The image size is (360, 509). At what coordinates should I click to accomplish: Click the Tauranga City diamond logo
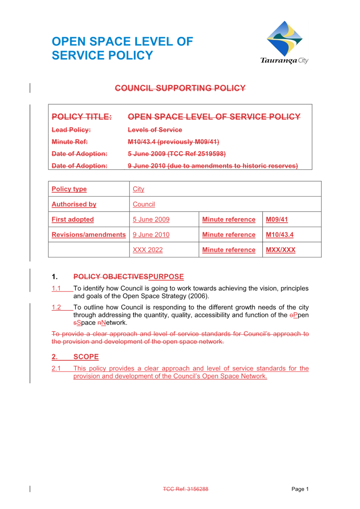point(285,39)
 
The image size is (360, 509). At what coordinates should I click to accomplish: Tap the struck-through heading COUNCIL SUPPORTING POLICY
point(180,88)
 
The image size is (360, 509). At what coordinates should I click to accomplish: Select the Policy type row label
point(69,189)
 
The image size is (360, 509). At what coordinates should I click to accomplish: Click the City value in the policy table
point(138,189)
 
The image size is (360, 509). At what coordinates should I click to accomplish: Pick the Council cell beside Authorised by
point(144,204)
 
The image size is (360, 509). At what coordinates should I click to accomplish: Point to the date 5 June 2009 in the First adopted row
point(151,219)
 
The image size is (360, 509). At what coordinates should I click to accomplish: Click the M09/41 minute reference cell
point(277,219)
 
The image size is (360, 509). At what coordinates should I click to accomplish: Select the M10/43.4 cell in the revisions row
point(280,234)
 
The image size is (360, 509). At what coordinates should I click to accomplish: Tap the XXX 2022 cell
point(148,250)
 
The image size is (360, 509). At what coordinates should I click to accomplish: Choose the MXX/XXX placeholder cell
point(280,250)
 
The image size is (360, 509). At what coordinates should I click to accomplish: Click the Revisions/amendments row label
point(89,234)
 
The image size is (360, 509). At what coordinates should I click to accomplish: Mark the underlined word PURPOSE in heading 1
point(166,276)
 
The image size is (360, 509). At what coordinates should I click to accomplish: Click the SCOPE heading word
point(86,357)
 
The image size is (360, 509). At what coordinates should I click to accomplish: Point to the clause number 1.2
point(56,307)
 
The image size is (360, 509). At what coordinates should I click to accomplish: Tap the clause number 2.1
point(56,368)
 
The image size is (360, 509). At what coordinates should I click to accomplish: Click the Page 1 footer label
point(300,489)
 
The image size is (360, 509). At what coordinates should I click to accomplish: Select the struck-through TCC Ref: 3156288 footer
point(186,489)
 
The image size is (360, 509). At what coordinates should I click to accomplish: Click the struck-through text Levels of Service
point(155,130)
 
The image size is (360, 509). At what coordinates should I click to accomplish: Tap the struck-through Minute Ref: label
point(70,142)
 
